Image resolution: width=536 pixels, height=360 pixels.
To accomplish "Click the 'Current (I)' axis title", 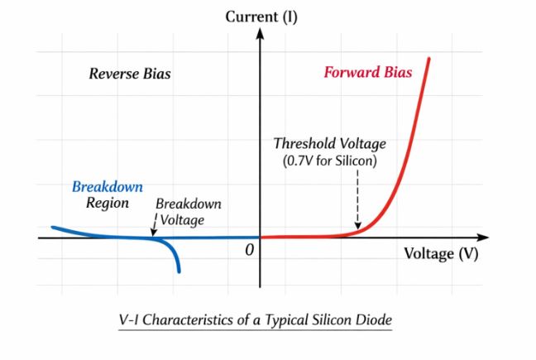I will (x=261, y=14).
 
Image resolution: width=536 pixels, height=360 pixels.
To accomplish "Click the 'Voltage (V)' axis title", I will (x=441, y=253).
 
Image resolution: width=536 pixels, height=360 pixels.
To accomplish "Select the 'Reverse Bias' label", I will (x=130, y=74).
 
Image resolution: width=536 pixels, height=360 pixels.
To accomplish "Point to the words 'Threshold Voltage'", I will (x=329, y=144).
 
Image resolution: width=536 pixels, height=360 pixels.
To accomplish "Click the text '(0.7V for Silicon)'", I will (x=329, y=161).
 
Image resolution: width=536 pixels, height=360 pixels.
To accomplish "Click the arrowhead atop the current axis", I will (x=261, y=34).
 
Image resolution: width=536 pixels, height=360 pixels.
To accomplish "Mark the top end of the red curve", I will (x=429, y=59).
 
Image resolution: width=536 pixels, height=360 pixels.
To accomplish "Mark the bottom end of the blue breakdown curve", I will (x=178, y=271).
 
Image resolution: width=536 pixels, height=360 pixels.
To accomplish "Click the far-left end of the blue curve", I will (x=53, y=227).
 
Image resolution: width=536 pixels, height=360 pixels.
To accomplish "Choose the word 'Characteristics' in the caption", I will (x=190, y=319).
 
